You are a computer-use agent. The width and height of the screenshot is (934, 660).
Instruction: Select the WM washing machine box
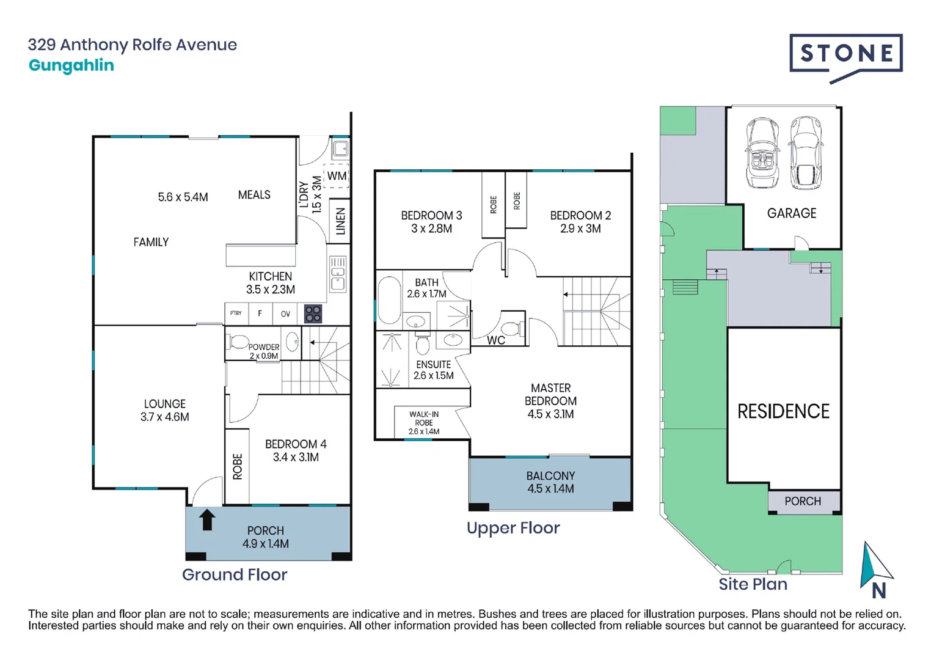(336, 175)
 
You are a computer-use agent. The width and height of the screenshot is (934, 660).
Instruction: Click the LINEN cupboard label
(340, 221)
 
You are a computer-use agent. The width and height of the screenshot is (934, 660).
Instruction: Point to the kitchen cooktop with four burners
(313, 314)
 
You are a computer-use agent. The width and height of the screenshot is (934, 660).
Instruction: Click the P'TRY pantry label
(236, 313)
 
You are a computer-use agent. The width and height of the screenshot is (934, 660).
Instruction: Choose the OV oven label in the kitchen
(285, 313)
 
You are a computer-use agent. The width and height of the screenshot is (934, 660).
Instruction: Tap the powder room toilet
(237, 342)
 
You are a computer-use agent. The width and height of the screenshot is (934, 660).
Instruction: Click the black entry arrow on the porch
(207, 519)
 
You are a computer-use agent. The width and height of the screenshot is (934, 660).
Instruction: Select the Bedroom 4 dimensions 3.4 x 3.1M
(296, 457)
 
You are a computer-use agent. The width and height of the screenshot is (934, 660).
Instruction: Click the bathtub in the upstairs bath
(389, 300)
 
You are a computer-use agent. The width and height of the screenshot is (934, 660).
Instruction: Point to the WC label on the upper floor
(496, 340)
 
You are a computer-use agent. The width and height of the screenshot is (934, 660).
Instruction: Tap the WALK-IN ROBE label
(424, 419)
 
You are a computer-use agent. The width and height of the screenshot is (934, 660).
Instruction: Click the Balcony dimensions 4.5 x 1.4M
(550, 488)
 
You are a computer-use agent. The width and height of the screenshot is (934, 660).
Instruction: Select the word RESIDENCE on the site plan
(783, 411)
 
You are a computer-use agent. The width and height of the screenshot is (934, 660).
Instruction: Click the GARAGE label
(792, 213)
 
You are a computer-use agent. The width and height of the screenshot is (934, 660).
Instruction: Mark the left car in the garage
(763, 153)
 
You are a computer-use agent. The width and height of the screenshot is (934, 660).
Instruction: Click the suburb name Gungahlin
(71, 65)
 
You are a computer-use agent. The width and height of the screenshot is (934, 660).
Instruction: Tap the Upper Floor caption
(513, 529)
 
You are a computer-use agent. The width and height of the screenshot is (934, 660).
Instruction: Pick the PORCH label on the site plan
(803, 501)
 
